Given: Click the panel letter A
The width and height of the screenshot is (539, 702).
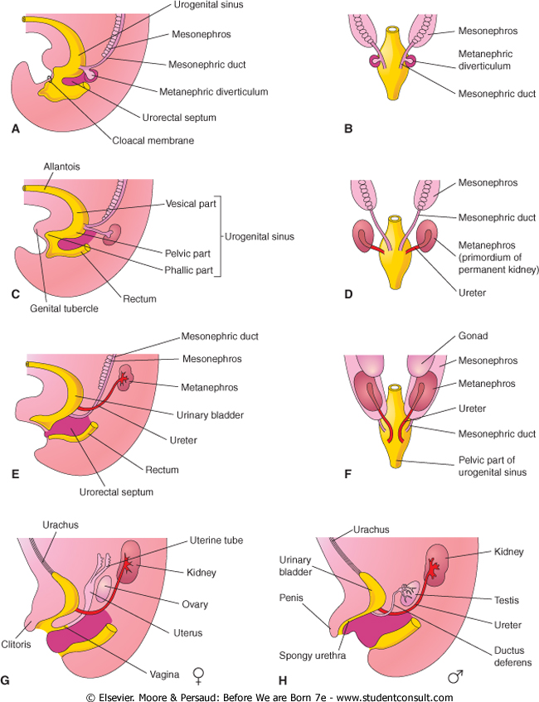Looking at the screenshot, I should coord(14,129).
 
